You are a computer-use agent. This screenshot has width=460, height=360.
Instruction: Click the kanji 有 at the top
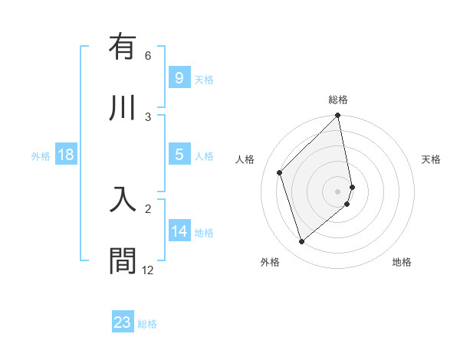[123, 47]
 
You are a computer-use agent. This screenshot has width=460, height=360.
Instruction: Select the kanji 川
[123, 106]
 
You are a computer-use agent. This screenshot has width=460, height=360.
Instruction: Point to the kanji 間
[123, 260]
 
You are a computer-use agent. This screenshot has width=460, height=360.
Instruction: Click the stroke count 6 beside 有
[148, 56]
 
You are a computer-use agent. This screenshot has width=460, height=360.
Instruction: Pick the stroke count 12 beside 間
[148, 270]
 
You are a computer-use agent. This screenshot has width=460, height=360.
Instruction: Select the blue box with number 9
[179, 77]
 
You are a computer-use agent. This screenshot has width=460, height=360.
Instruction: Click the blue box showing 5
[179, 155]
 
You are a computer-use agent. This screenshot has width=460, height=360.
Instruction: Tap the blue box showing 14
[179, 231]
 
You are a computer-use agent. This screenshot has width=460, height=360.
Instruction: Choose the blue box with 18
[66, 155]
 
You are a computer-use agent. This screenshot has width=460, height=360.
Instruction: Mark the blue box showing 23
[123, 322]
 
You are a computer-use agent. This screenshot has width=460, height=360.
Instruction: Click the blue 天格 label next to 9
[204, 80]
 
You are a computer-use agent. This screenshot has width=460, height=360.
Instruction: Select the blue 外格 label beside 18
[41, 156]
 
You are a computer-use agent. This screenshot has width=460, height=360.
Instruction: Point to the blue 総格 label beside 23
[147, 324]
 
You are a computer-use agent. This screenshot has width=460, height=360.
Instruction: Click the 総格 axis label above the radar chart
[338, 100]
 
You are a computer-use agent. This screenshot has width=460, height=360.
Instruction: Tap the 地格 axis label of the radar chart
[402, 262]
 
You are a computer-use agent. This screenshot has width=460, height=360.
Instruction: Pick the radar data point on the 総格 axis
[338, 116]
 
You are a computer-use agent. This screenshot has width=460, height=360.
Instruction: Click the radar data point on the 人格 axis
[280, 172]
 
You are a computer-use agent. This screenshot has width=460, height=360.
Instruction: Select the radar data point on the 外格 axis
[301, 242]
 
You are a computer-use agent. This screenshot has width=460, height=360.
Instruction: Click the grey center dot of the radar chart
[338, 191]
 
